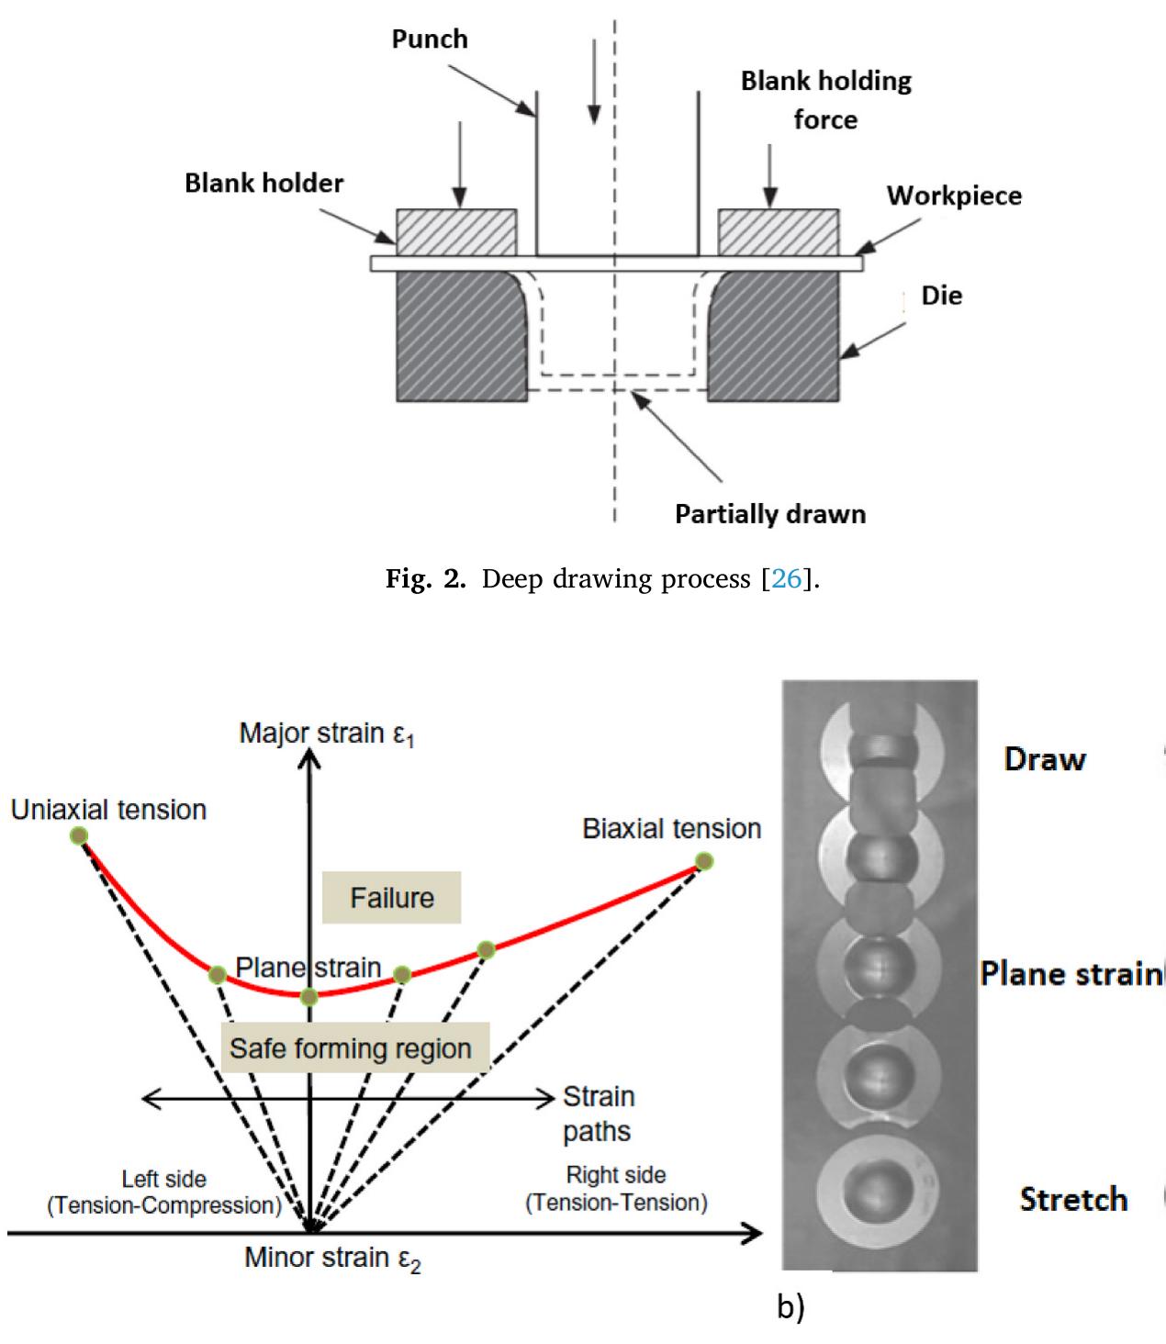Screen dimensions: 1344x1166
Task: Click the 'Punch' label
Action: (x=430, y=39)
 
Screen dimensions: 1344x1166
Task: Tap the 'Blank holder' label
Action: (x=263, y=184)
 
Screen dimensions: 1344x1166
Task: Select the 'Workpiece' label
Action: (x=953, y=196)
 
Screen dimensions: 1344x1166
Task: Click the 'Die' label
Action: (x=941, y=296)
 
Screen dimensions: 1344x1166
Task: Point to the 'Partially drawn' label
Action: (x=769, y=513)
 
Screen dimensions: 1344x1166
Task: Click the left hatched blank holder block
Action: (x=456, y=232)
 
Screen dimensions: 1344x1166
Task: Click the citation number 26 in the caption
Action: (x=788, y=580)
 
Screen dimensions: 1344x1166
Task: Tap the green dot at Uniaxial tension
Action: (x=79, y=834)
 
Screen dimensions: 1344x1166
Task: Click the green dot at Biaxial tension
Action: (x=703, y=861)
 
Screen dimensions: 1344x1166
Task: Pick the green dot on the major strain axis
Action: (x=310, y=996)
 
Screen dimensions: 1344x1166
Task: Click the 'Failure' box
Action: (x=392, y=897)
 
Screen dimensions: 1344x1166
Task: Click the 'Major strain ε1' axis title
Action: (x=326, y=734)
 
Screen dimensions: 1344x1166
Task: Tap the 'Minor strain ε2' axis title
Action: (x=332, y=1258)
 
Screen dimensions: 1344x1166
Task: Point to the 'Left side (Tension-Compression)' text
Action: (x=164, y=1192)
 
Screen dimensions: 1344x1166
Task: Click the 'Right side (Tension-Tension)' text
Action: (x=616, y=1189)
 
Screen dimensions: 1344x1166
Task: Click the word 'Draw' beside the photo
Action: (x=1045, y=759)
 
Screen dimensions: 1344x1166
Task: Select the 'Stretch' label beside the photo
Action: (x=1073, y=1199)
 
